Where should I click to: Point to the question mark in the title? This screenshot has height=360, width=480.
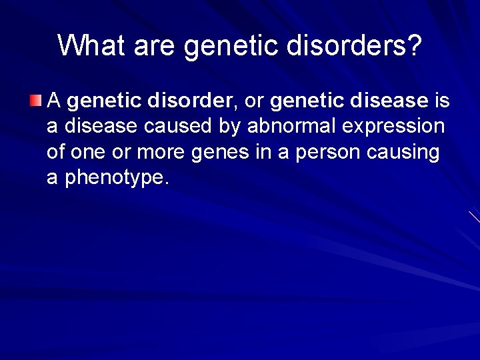point(413,45)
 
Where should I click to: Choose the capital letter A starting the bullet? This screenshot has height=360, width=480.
point(55,101)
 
